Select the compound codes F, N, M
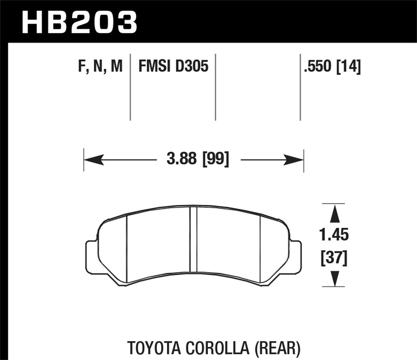pyautogui.click(x=100, y=66)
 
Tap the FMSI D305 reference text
pyautogui.click(x=173, y=66)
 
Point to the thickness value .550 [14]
pyautogui.click(x=332, y=66)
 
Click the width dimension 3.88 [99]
pyautogui.click(x=198, y=160)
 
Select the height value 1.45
pyautogui.click(x=334, y=235)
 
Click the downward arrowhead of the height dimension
pyautogui.click(x=334, y=278)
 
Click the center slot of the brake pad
pyautogui.click(x=193, y=240)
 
